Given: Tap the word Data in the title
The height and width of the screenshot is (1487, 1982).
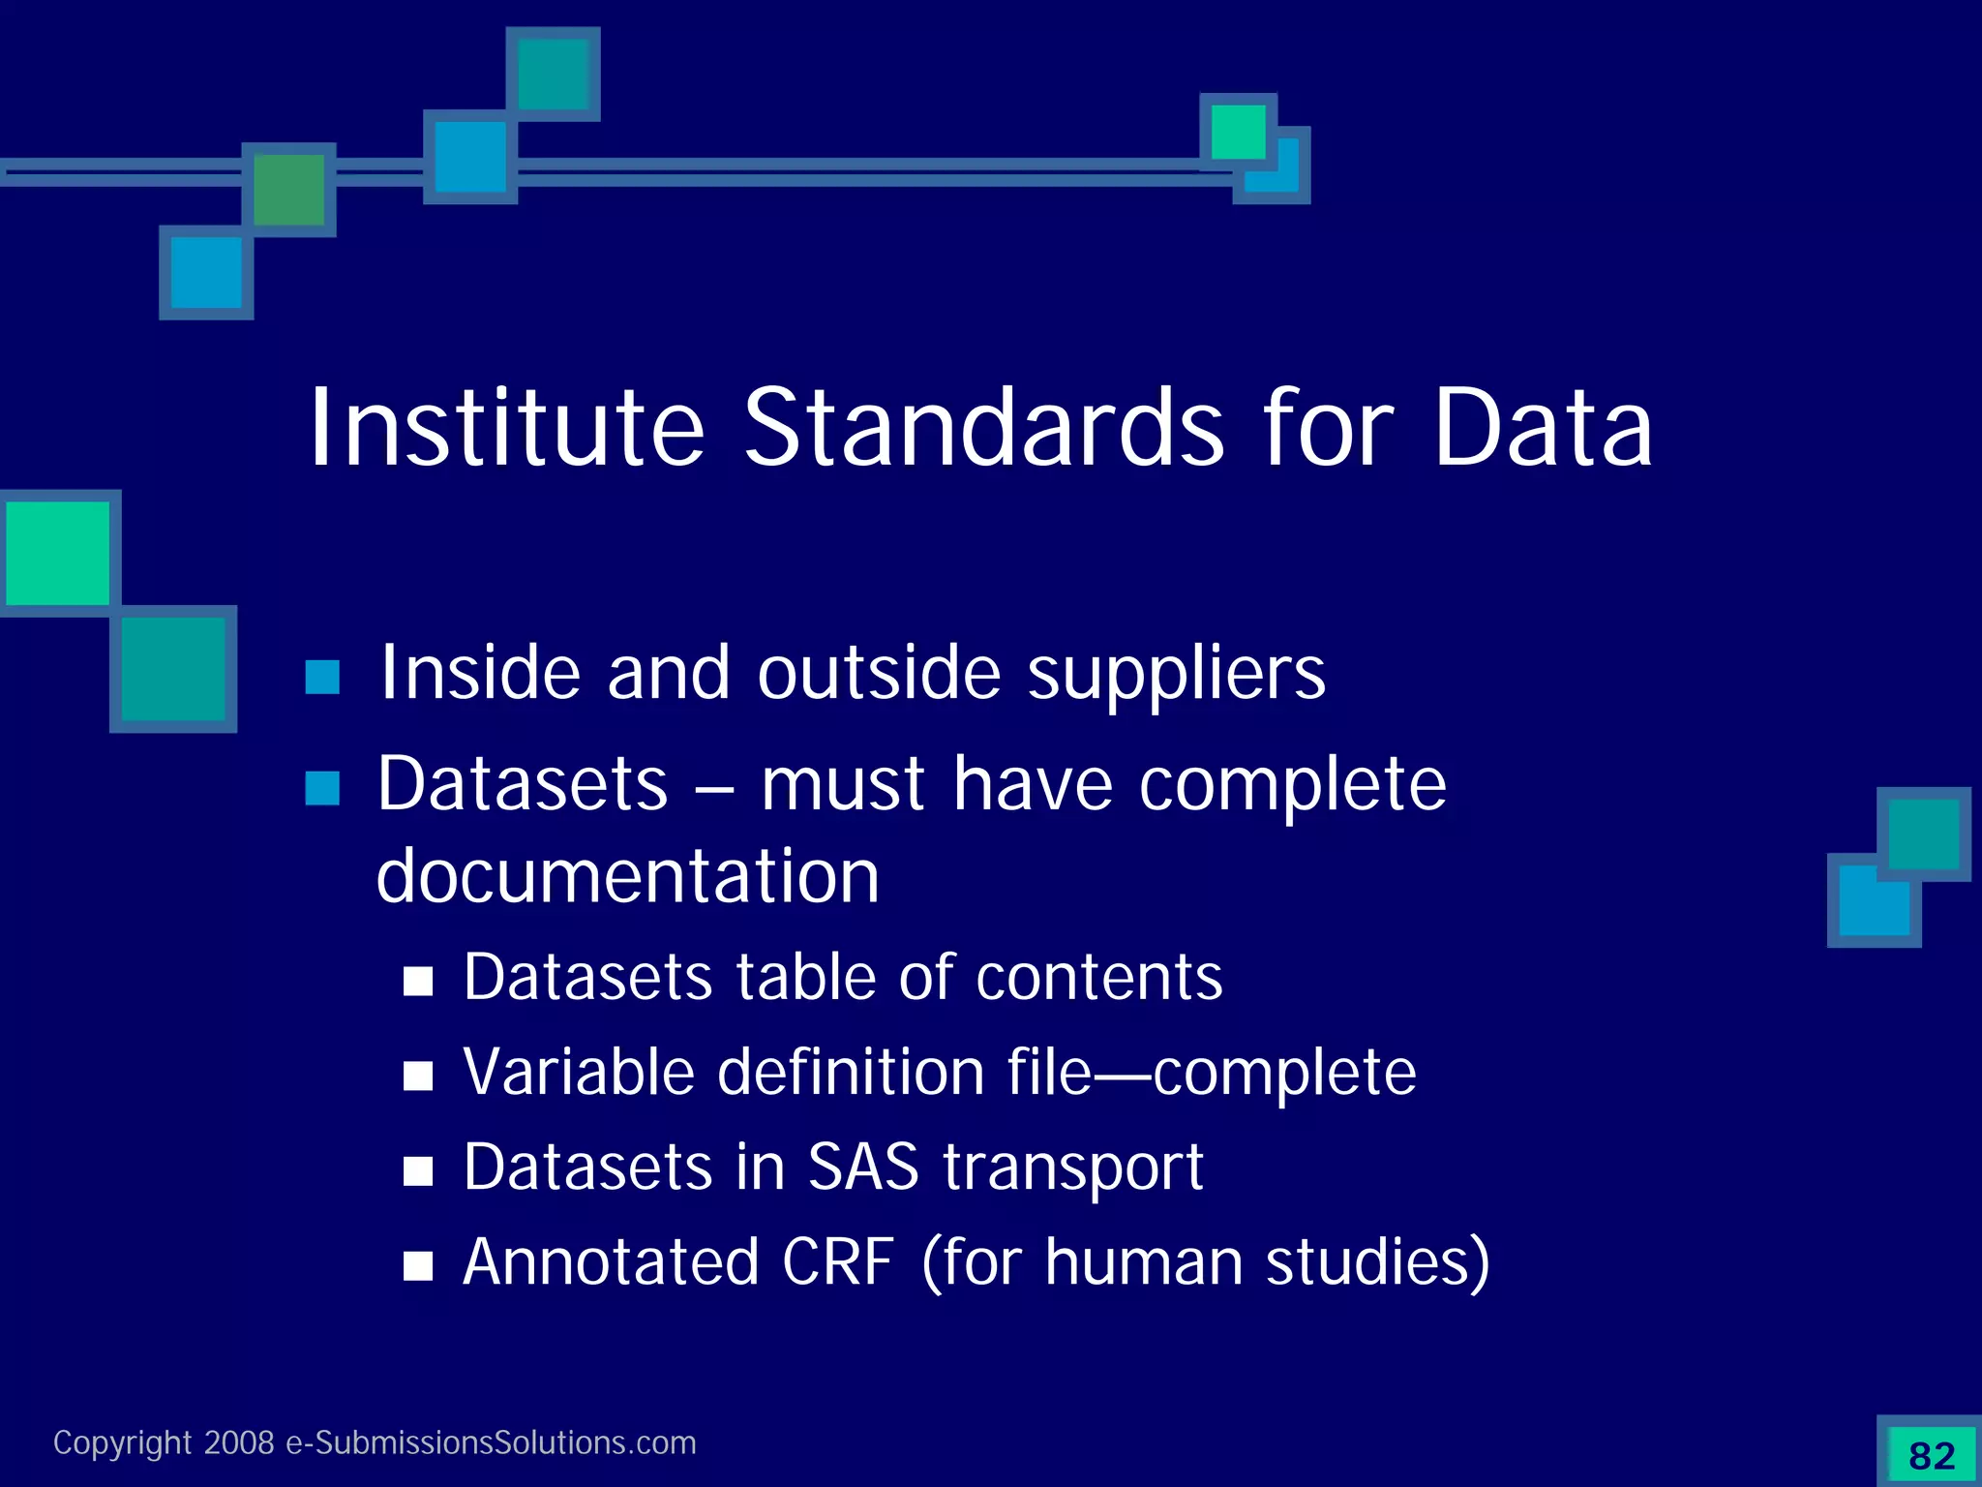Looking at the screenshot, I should coord(1543,429).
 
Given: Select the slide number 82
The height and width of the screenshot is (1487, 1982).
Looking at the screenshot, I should coord(1932,1455).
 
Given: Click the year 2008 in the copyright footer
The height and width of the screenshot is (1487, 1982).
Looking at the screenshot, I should coord(239,1442).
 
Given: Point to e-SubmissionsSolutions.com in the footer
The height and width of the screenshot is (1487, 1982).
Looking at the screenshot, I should coord(491,1442).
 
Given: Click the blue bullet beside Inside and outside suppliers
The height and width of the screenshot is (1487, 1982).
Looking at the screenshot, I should coord(322,678).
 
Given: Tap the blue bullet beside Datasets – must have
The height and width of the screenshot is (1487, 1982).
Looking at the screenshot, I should coord(322,788).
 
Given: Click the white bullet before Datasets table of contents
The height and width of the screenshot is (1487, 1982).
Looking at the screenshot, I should coord(418,982).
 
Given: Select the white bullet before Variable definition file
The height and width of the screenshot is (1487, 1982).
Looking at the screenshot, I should coord(418,1076).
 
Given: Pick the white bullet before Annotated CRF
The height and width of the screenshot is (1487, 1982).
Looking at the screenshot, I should coord(418,1265).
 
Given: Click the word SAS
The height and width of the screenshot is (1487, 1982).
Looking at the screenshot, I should coord(862,1167).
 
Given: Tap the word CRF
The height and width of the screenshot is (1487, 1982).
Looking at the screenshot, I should coord(838,1261).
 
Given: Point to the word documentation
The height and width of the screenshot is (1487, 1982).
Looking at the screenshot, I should coord(628,876).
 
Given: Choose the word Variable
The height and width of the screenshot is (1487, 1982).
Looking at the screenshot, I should coord(579,1072).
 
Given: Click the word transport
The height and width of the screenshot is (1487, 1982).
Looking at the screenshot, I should coord(1073,1168).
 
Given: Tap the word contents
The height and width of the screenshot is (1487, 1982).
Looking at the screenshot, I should coord(1099,978).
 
